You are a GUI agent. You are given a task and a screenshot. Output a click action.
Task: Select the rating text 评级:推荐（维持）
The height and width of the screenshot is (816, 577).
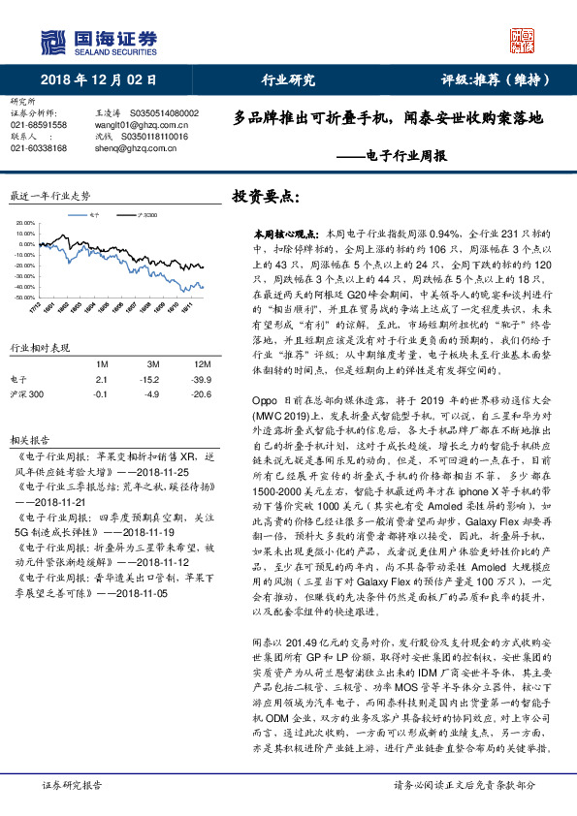tap(494, 80)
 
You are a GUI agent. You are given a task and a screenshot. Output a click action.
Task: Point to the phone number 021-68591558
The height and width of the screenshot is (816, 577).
tap(39, 125)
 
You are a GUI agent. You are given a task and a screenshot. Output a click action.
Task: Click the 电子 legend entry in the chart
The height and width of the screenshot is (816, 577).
tap(94, 211)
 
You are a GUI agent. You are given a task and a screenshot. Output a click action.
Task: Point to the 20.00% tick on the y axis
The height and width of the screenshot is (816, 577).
tap(24, 223)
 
